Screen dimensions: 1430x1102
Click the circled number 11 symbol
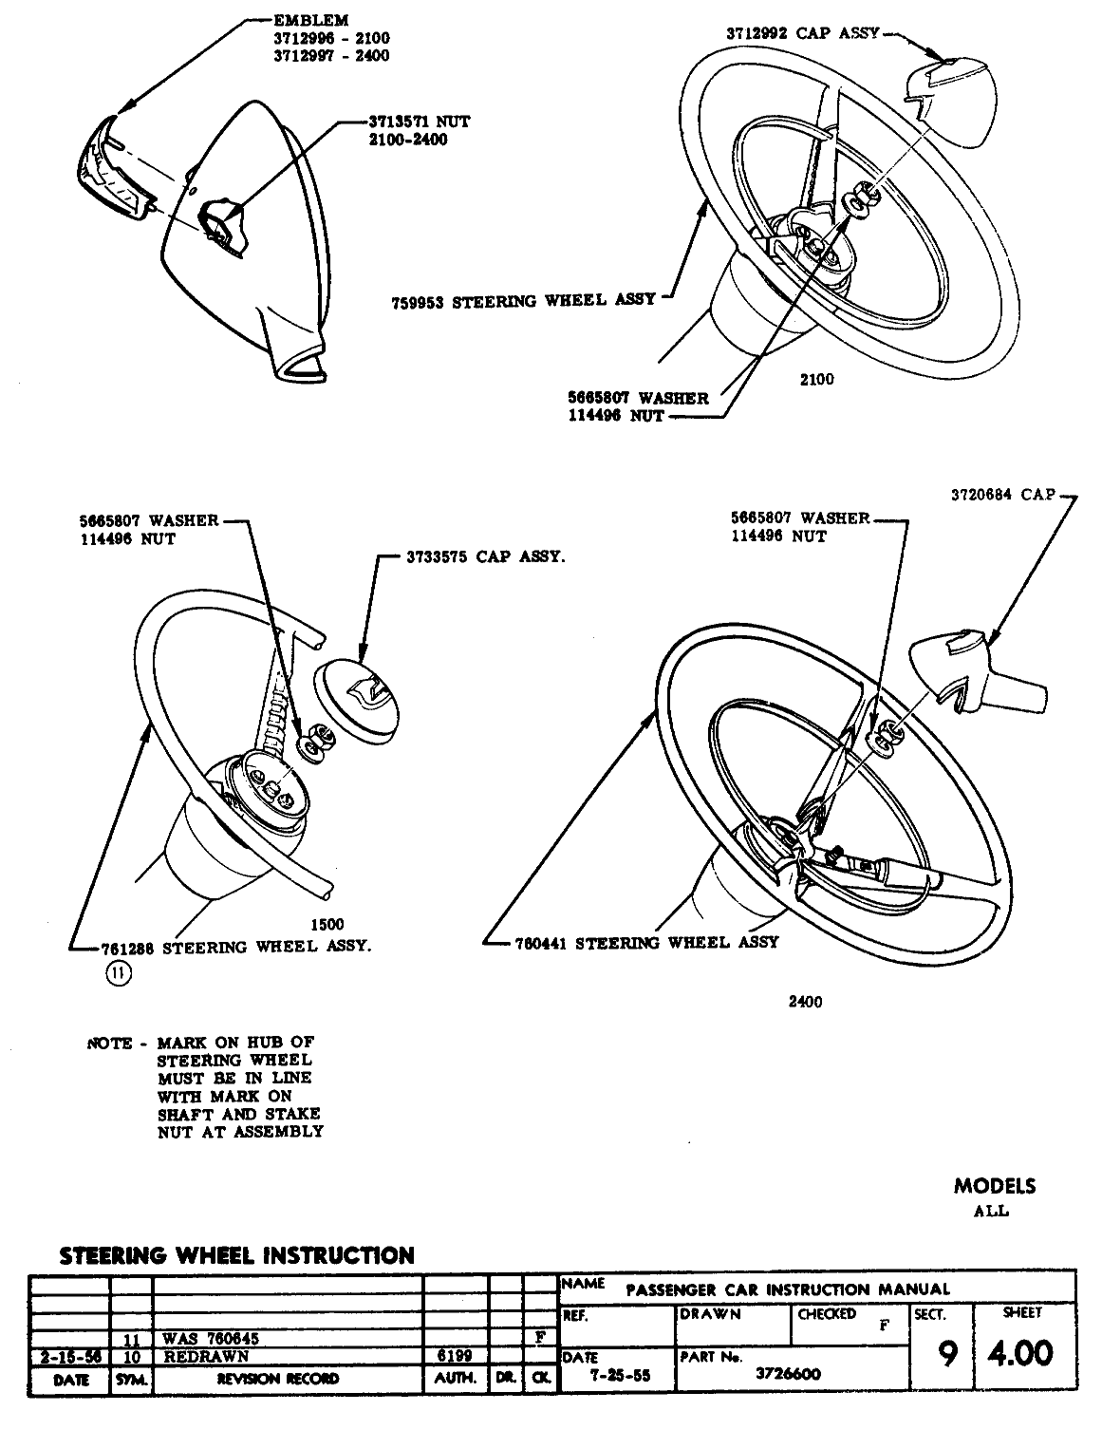tap(120, 971)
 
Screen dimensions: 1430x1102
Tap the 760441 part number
tap(541, 943)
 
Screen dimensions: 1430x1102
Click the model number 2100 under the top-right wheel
tap(816, 380)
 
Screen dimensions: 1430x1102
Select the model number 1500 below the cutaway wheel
tap(327, 924)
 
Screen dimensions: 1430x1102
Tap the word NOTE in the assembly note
tap(109, 1044)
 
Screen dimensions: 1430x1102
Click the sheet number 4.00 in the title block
tap(1019, 1352)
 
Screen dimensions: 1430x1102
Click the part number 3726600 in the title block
tap(788, 1373)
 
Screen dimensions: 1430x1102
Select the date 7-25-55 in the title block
tap(614, 1374)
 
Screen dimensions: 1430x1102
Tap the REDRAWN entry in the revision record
tap(196, 1357)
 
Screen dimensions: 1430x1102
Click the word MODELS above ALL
tap(995, 1186)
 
